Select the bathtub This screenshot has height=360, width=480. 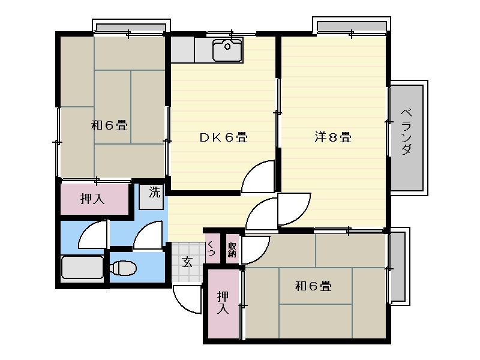click(83, 268)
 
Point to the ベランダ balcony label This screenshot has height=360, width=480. click(407, 132)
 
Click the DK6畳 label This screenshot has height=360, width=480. click(223, 137)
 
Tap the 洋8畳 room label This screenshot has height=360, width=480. click(332, 137)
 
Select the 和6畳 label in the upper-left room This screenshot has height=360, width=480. click(109, 126)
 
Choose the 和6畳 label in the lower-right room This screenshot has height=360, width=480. click(313, 286)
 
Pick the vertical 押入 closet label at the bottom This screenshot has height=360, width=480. click(223, 302)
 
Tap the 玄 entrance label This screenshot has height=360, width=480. click(187, 261)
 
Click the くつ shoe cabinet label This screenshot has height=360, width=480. click(211, 248)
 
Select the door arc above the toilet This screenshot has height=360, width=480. click(148, 235)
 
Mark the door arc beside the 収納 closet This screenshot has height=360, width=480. click(254, 247)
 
